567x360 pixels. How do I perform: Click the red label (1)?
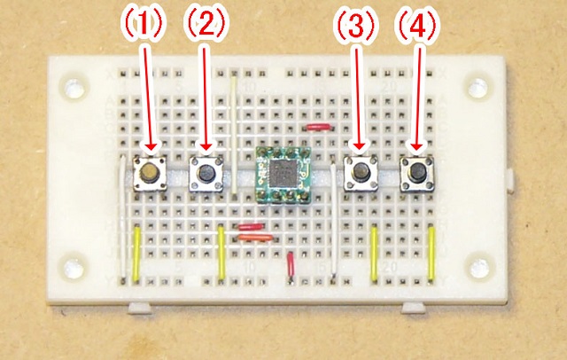coord(143,26)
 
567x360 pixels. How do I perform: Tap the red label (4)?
coord(415,26)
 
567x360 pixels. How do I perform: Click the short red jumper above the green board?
coord(316,128)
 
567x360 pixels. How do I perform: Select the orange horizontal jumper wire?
coord(254,237)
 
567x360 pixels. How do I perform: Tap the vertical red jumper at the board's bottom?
coord(291,266)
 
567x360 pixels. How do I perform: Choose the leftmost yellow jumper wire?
coord(137,254)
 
